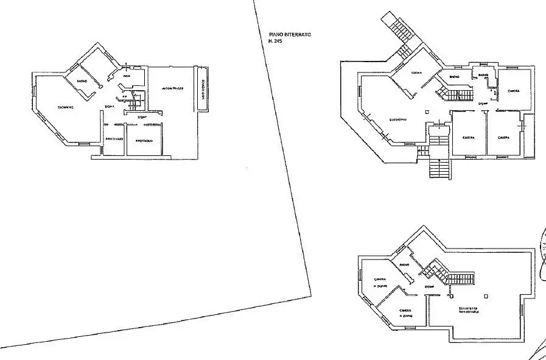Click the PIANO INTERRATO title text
tap(290, 35)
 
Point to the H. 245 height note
tap(277, 42)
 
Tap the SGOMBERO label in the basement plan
tap(66, 108)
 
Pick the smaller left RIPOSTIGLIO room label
tap(114, 139)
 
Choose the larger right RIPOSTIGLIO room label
tap(144, 141)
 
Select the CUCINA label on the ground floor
tap(417, 72)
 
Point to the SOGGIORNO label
tap(399, 119)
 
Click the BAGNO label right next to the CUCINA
tap(454, 77)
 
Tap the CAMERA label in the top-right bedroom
tap(513, 91)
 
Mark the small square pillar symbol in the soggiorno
tap(427, 111)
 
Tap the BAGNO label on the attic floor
tap(404, 264)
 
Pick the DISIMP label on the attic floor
tap(429, 286)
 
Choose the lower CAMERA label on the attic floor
tap(406, 311)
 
